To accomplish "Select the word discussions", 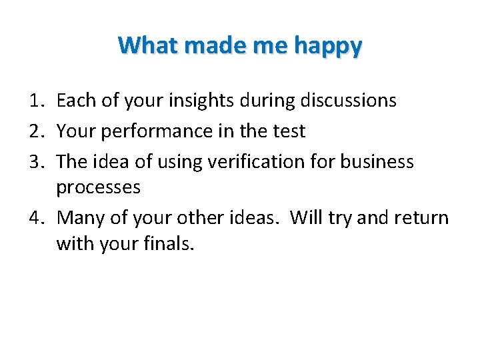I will tap(348, 101).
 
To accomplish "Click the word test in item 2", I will tap(288, 131).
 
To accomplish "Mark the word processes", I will tap(98, 187).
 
